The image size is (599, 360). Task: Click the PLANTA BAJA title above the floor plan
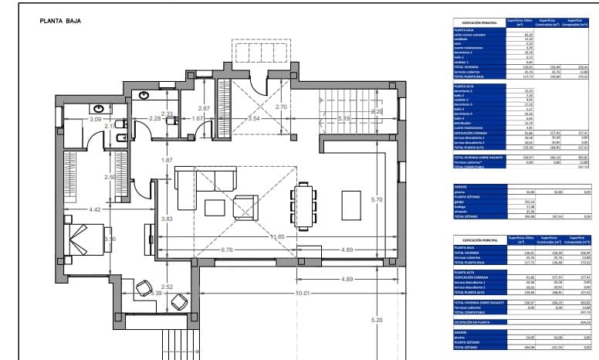coord(60,22)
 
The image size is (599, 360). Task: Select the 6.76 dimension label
coord(227,250)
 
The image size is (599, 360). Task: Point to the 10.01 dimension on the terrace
coord(302,293)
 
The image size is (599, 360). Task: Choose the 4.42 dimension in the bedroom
coord(95,209)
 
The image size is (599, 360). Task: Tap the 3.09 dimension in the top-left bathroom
coord(96,120)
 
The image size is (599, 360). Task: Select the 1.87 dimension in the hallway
coord(167,160)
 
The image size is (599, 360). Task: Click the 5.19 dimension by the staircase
coord(344,118)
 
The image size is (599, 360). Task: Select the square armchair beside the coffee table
coord(246,206)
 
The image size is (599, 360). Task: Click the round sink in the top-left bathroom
coord(101,109)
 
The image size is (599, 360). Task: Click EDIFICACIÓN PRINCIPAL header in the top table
coord(479,23)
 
